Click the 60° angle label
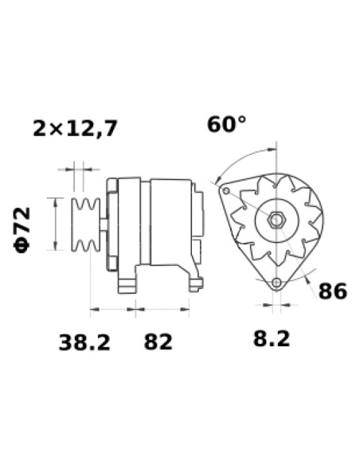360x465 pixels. pos(226,125)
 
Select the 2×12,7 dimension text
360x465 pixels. pos(75,127)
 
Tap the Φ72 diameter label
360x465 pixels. pos(22,229)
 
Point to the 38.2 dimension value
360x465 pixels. pos(84,342)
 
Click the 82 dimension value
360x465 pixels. pos(158,342)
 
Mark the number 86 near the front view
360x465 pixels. pos(332,291)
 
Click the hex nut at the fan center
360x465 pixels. pos(276,219)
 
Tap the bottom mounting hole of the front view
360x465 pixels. pos(276,283)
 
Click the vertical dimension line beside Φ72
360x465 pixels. pos(56,225)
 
